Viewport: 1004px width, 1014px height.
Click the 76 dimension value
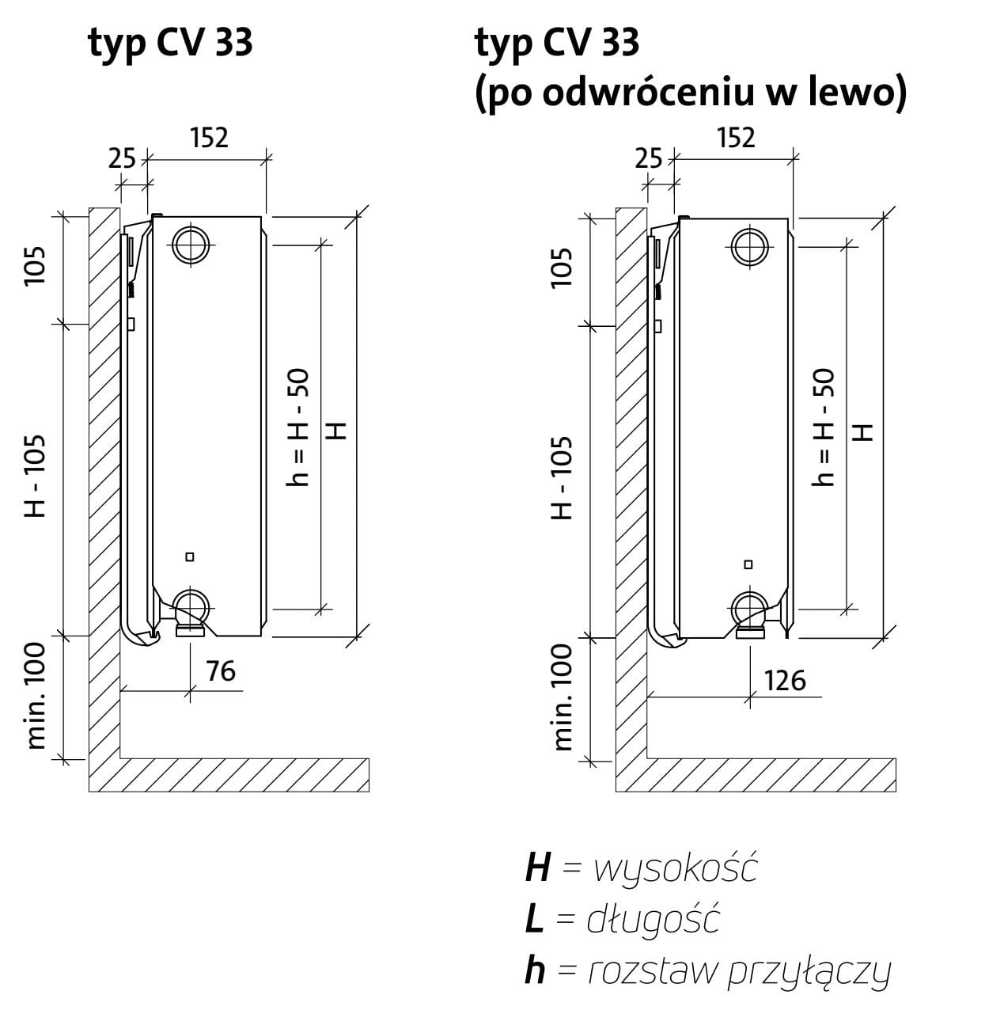pos(221,671)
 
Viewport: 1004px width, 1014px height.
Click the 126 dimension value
pos(785,681)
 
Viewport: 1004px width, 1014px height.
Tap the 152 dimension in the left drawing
pos(210,138)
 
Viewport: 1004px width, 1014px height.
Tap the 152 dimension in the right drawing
pos(736,138)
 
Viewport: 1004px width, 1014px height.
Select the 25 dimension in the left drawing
pos(122,158)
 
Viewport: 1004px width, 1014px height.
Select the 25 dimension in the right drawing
pos(648,158)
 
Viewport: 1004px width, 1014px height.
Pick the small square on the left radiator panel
pos(190,556)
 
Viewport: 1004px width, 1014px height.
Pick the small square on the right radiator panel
pos(748,564)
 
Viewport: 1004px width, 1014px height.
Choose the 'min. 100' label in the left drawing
pos(36,696)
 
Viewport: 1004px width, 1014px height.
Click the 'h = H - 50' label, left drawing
pos(297,427)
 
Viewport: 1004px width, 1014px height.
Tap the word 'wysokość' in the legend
pos(676,868)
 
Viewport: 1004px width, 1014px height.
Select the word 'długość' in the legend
pos(653,919)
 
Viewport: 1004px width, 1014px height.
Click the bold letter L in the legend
pos(534,919)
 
